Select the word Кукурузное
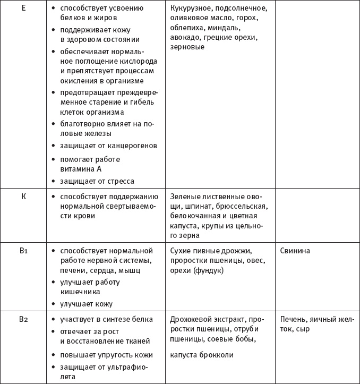tap(193, 9)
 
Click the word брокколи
tap(216, 355)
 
